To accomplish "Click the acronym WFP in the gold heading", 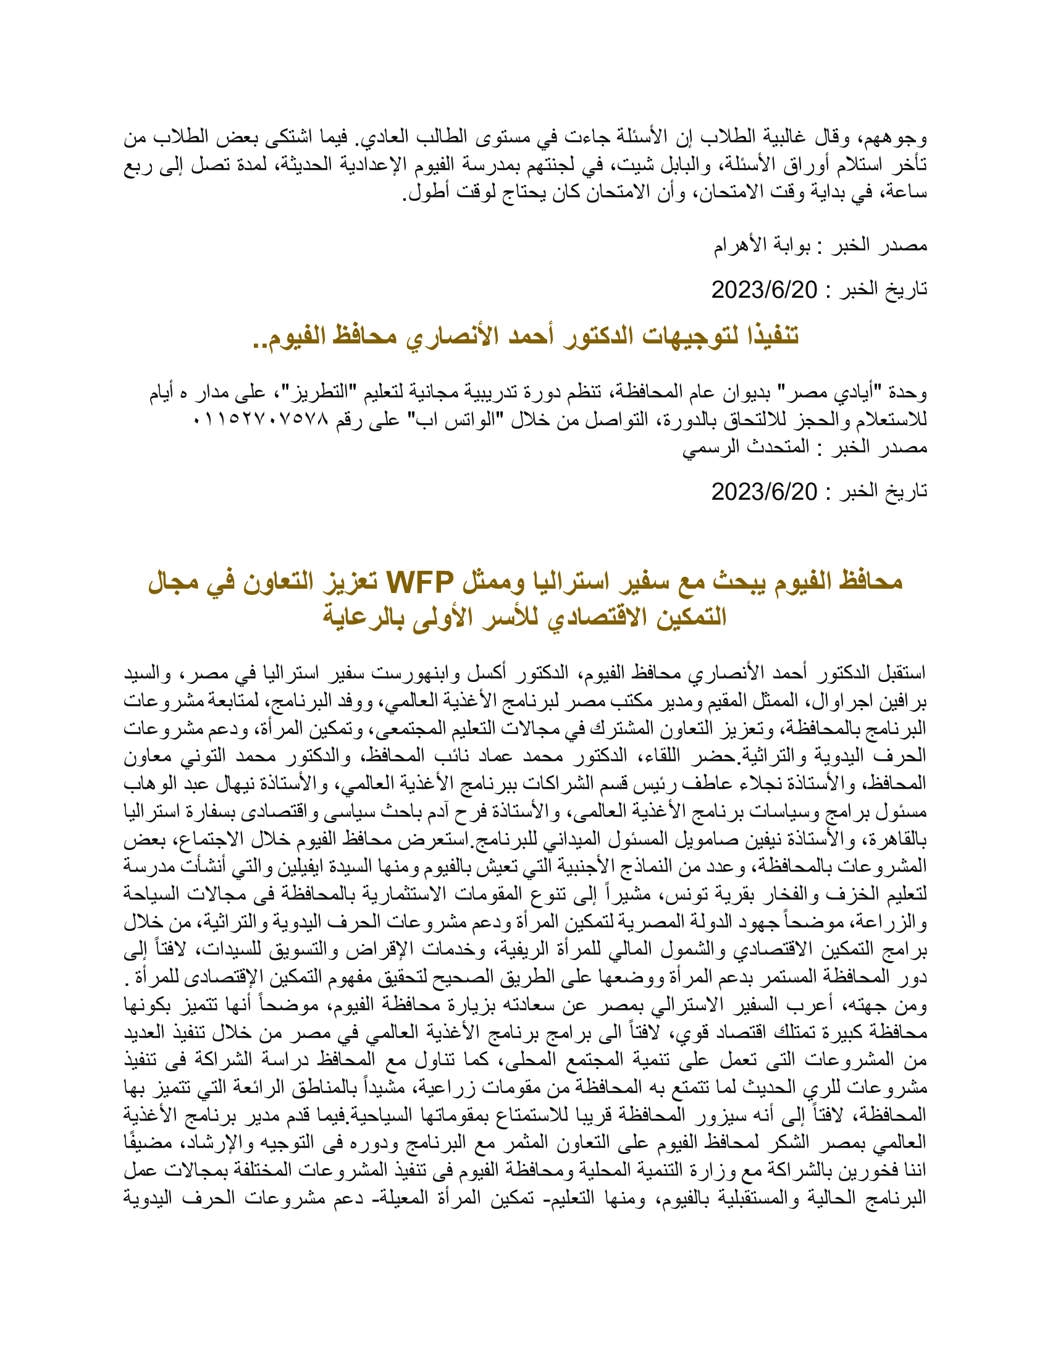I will coord(421,583).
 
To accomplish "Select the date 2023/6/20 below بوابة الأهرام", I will coord(764,290).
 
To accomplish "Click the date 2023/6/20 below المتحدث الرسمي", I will coord(764,492).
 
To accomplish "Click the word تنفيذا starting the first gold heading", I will coord(766,336).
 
